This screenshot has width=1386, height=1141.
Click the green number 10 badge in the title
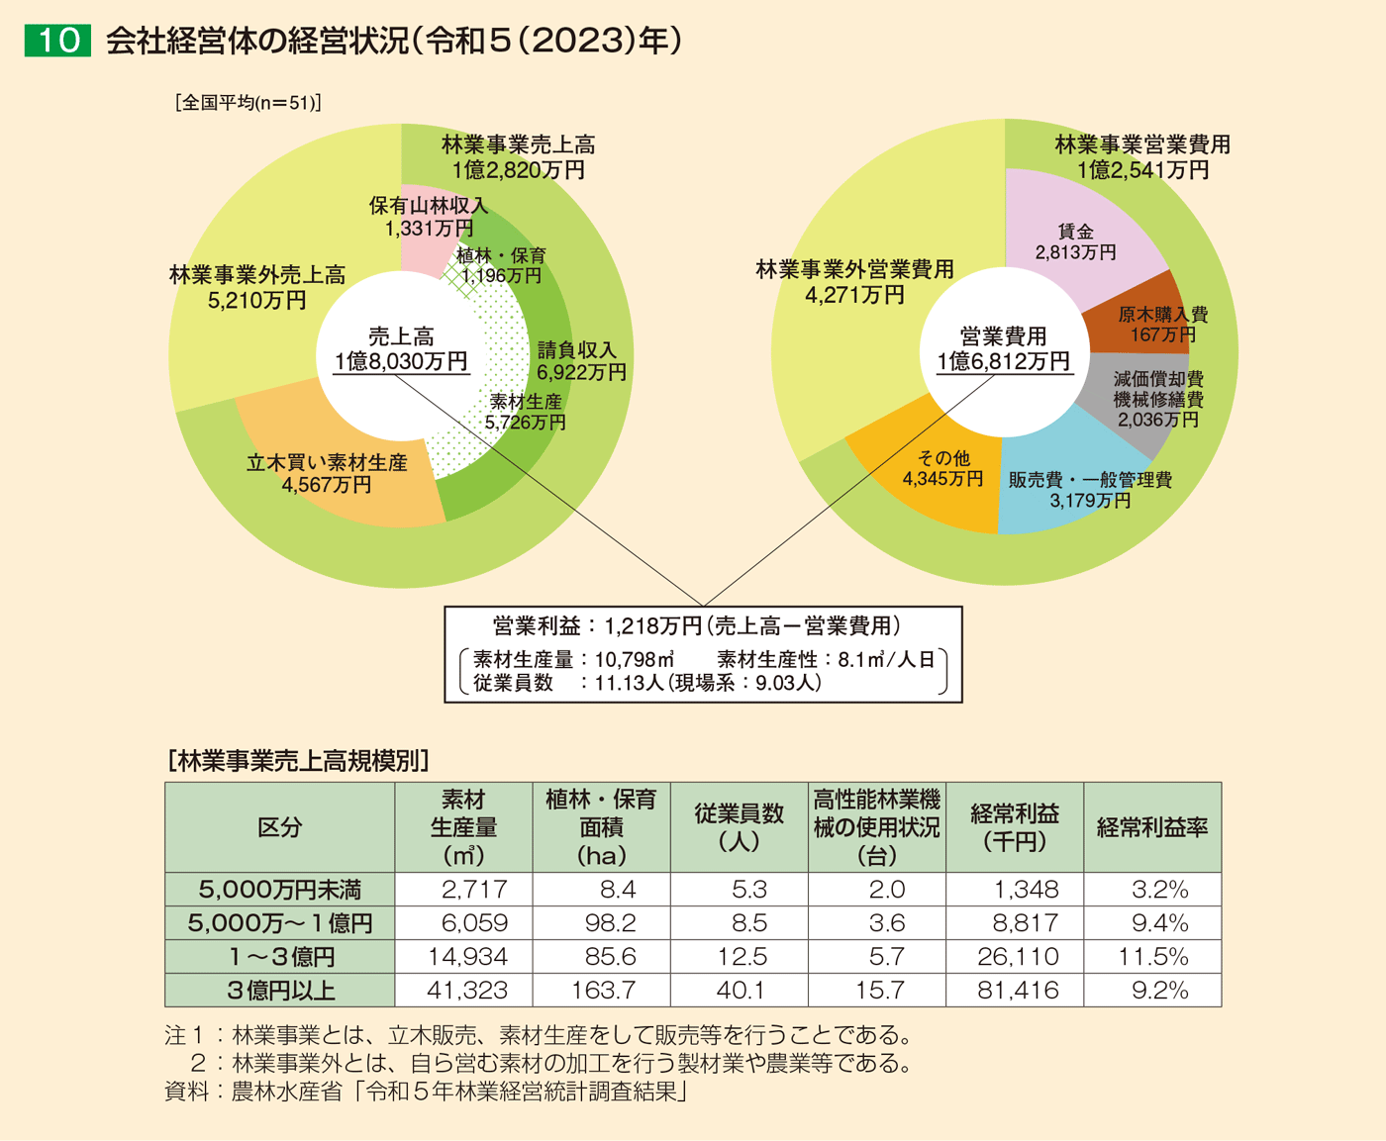[x=57, y=41]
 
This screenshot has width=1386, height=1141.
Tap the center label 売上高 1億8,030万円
[x=401, y=349]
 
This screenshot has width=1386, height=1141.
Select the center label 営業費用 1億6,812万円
[x=1003, y=349]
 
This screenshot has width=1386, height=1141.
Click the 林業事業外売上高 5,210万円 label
[x=257, y=287]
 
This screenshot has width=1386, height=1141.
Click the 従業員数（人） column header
[x=739, y=827]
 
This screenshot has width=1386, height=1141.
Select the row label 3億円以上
[x=280, y=990]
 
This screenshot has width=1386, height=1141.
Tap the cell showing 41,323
[x=466, y=990]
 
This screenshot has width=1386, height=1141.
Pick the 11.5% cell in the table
[x=1152, y=957]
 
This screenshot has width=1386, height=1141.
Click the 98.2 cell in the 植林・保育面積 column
[x=609, y=923]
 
